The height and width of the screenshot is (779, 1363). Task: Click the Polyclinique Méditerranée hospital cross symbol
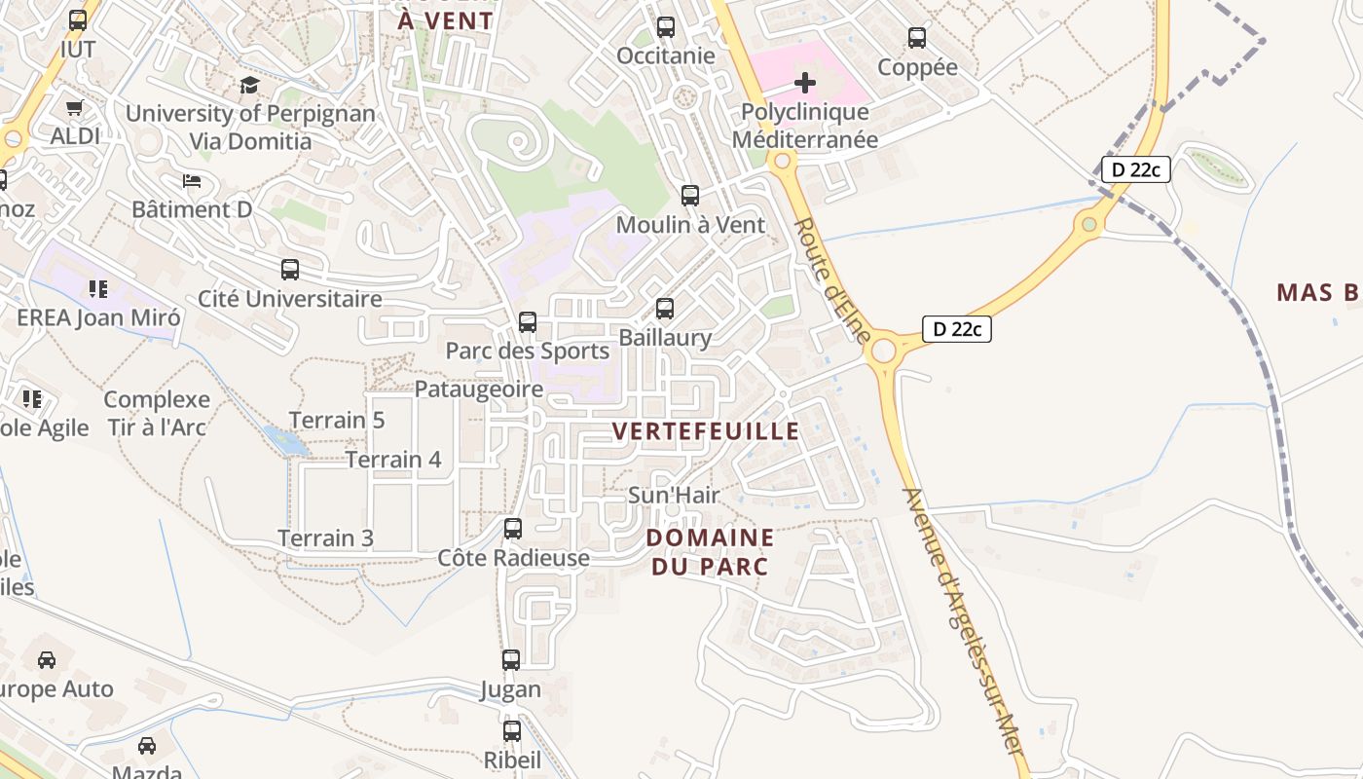(805, 83)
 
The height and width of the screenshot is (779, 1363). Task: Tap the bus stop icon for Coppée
(917, 38)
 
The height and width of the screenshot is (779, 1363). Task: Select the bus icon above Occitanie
(666, 27)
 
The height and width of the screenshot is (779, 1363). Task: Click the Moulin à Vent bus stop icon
(690, 196)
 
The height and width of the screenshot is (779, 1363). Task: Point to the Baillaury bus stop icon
(665, 309)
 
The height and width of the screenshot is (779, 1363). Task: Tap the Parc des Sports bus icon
(528, 321)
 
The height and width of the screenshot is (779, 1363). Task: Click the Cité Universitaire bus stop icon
(290, 270)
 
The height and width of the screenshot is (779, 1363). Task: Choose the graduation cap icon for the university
(249, 86)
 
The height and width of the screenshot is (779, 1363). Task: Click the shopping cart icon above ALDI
(75, 107)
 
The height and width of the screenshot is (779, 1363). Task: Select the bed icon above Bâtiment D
(192, 181)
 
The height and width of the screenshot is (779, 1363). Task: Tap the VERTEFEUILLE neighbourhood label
(706, 431)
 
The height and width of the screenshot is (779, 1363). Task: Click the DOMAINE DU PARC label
(710, 551)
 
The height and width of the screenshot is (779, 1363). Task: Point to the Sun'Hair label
(674, 495)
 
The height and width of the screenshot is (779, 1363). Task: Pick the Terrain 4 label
(393, 460)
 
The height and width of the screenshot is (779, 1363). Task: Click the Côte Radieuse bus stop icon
(513, 529)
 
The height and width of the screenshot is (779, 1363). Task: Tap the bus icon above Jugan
(511, 660)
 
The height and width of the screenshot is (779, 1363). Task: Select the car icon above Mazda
(147, 746)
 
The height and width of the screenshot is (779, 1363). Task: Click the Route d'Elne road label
(833, 278)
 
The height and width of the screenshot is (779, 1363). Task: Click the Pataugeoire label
(479, 389)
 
